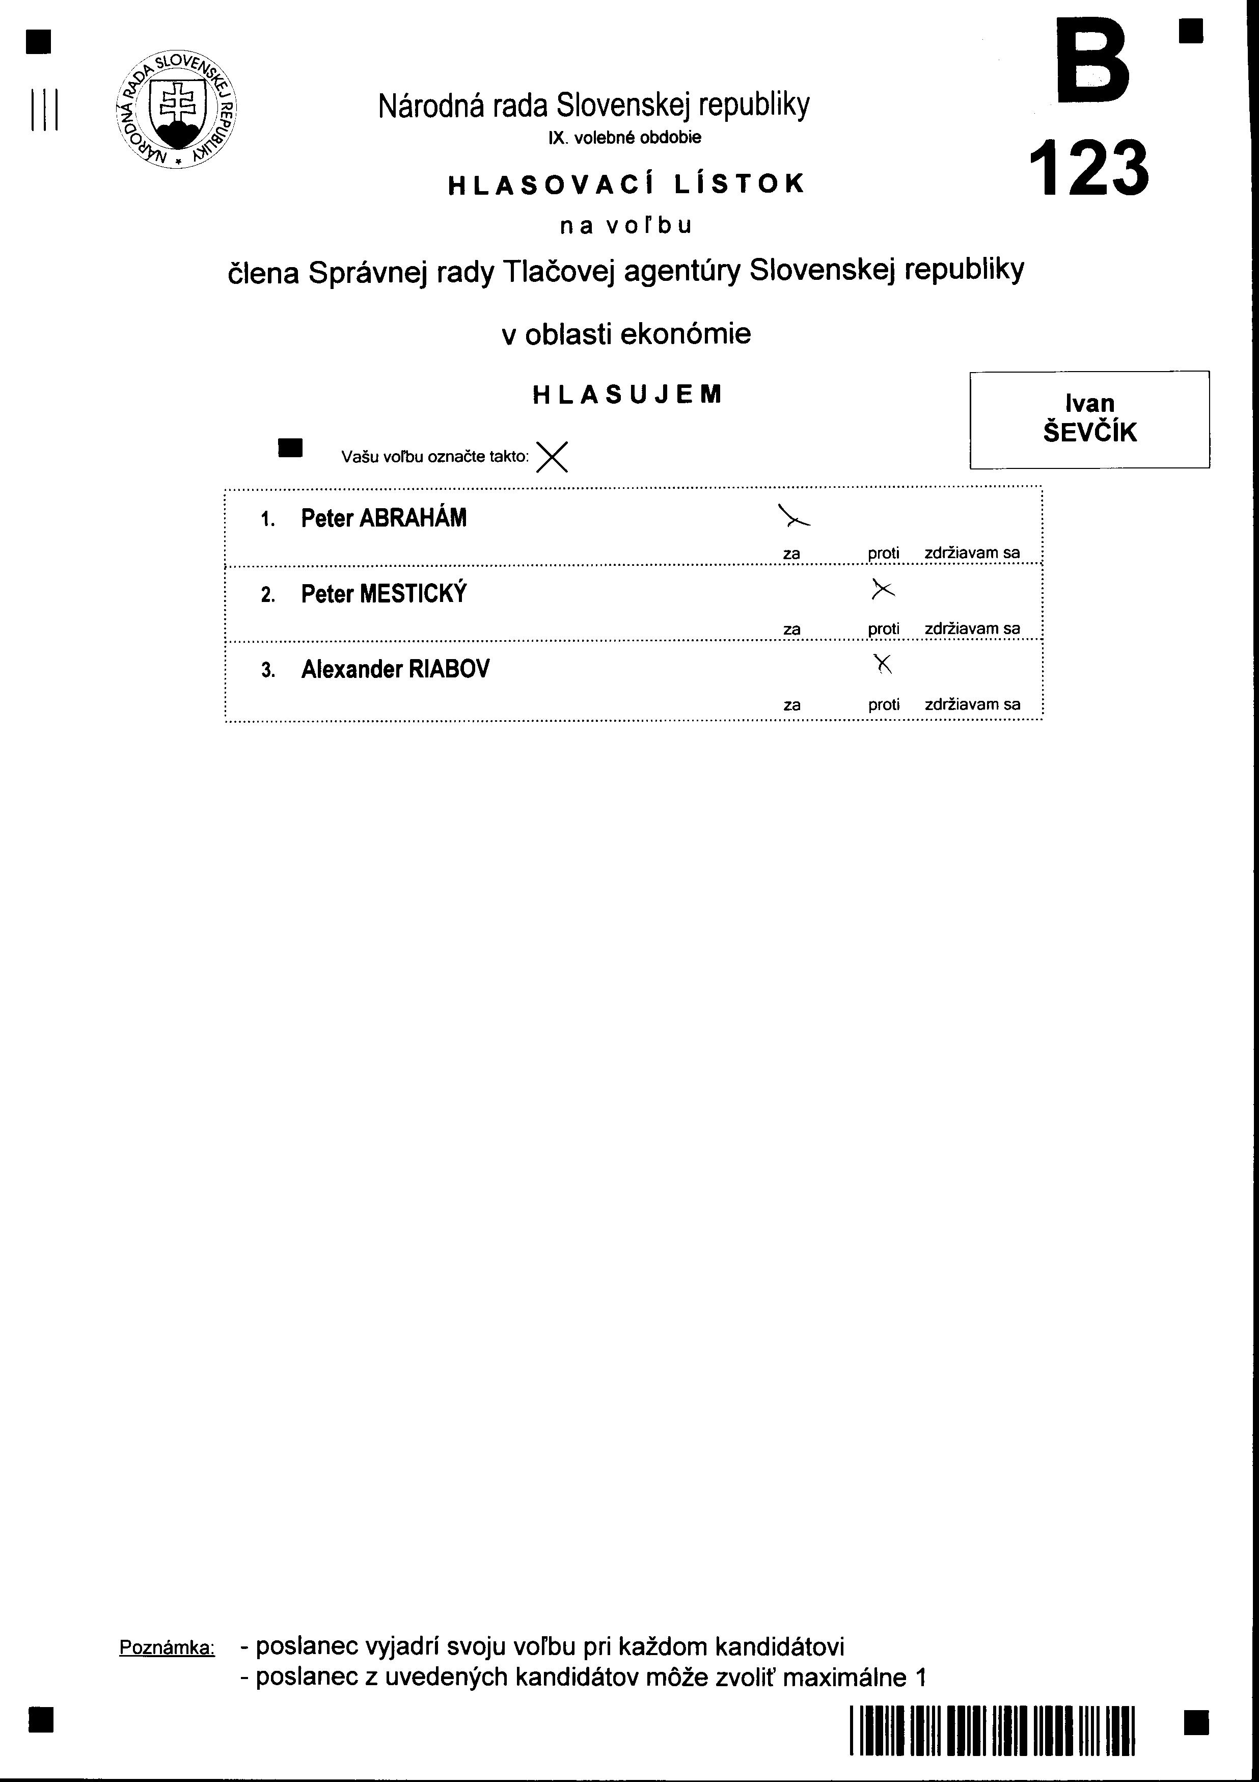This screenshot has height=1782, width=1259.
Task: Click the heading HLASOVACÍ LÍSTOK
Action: tap(627, 184)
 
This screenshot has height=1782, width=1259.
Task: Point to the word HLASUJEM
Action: tap(627, 395)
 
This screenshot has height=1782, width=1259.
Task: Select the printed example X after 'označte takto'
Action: tap(552, 457)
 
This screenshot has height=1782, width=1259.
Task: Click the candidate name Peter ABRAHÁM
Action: tap(384, 518)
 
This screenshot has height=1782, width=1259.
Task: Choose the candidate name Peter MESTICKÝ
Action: tap(384, 594)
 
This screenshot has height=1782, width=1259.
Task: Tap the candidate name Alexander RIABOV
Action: tap(395, 669)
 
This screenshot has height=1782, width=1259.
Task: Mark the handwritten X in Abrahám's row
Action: tap(793, 517)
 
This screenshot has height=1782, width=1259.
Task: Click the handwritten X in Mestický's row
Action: tap(883, 590)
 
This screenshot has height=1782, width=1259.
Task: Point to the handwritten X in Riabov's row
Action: tap(883, 664)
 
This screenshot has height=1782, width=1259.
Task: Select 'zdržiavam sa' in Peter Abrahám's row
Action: tap(972, 554)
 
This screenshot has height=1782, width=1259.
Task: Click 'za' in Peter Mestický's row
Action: tap(791, 630)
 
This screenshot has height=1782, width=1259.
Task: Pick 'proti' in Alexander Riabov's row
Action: tap(884, 705)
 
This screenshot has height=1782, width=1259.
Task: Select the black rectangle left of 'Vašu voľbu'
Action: tap(290, 448)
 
